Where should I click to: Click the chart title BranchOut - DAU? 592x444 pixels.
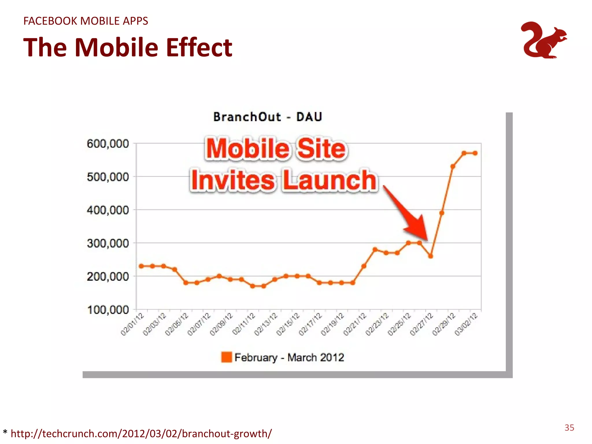267,117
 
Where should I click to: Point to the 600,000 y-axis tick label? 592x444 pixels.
108,144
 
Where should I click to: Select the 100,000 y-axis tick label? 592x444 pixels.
108,310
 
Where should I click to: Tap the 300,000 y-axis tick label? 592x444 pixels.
108,243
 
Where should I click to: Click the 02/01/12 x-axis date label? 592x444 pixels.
132,324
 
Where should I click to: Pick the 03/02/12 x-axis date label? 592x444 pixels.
466,324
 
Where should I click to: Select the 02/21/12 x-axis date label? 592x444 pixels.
355,324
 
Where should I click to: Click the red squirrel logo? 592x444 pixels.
543,40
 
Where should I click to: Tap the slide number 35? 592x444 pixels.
569,428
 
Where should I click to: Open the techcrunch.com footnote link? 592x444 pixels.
141,434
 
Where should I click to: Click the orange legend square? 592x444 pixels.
226,357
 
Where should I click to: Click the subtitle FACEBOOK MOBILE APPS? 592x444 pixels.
86,21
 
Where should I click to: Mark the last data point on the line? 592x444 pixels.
475,153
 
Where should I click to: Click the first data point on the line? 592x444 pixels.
141,266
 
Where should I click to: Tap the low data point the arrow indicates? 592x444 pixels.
430,256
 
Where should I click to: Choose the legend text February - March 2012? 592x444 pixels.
289,358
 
